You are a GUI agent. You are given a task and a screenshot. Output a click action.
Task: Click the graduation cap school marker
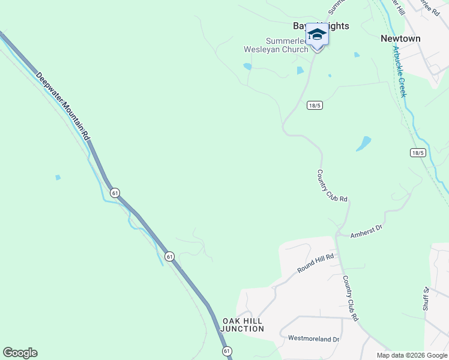click(x=317, y=35)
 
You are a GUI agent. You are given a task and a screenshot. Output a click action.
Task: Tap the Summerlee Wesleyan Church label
click(x=276, y=46)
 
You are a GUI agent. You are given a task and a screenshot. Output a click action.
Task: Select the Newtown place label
click(x=400, y=38)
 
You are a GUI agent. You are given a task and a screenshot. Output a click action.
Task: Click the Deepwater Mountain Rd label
click(x=62, y=107)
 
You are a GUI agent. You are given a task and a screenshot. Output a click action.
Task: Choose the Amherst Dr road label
click(x=366, y=230)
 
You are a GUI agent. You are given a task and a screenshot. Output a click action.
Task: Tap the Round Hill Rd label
click(x=315, y=263)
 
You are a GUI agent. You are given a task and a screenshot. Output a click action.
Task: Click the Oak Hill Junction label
click(x=243, y=325)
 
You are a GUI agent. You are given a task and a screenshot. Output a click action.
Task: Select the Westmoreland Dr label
click(x=313, y=339)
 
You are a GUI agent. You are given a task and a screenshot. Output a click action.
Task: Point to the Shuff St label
click(x=427, y=298)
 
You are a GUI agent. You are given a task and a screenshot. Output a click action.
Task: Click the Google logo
click(x=20, y=353)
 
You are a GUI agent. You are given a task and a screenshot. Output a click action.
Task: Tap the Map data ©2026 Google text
click(x=412, y=355)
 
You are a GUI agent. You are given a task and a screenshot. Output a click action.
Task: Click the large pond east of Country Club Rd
click(x=363, y=143)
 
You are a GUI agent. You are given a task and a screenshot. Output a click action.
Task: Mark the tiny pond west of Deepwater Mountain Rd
click(x=58, y=178)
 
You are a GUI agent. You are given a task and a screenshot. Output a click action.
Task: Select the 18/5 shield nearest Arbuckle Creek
click(x=418, y=153)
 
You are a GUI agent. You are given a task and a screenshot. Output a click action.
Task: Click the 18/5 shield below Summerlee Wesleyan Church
click(x=315, y=105)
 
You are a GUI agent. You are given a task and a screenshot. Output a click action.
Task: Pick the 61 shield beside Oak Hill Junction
click(x=226, y=350)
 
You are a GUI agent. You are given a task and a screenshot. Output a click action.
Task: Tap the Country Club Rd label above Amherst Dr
click(x=332, y=185)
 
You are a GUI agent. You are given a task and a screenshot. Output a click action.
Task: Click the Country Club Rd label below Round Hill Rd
click(x=350, y=298)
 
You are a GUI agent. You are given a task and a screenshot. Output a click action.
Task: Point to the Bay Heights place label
click(x=321, y=26)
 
